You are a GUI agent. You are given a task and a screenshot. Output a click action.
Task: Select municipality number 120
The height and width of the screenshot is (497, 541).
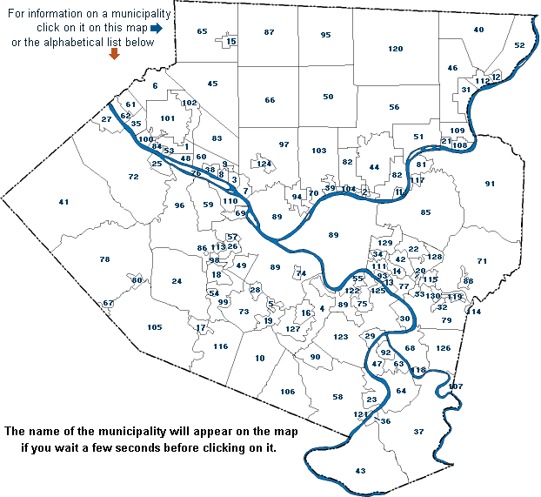[396, 48]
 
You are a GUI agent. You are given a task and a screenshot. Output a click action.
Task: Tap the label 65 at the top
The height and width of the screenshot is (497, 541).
[202, 31]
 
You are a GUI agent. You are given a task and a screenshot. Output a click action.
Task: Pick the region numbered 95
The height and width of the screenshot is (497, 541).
[325, 35]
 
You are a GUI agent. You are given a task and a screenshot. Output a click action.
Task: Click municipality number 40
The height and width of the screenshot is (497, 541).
[478, 30]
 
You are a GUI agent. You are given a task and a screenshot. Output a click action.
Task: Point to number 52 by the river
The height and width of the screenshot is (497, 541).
[520, 45]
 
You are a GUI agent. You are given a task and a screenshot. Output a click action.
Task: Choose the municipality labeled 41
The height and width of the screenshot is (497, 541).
[63, 202]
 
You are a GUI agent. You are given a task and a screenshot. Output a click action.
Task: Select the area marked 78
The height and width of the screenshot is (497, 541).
[104, 260]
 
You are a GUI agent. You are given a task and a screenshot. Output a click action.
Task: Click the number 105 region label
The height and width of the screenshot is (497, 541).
[155, 327]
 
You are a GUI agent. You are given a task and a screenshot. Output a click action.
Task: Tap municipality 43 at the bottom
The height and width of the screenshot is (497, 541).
[361, 471]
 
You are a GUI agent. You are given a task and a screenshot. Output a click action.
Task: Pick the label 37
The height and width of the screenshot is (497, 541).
[418, 432]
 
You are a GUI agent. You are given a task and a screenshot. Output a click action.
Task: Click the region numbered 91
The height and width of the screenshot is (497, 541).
[490, 184]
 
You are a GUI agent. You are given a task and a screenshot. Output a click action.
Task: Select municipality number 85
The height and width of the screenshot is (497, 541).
[425, 212]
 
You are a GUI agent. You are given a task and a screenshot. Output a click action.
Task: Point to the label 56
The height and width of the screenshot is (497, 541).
[394, 106]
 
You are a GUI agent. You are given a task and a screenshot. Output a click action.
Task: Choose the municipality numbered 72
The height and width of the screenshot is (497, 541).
[133, 177]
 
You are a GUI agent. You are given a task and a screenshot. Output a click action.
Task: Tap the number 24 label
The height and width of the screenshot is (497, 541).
[177, 281]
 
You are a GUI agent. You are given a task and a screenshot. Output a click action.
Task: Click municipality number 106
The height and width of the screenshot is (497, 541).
[288, 392]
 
